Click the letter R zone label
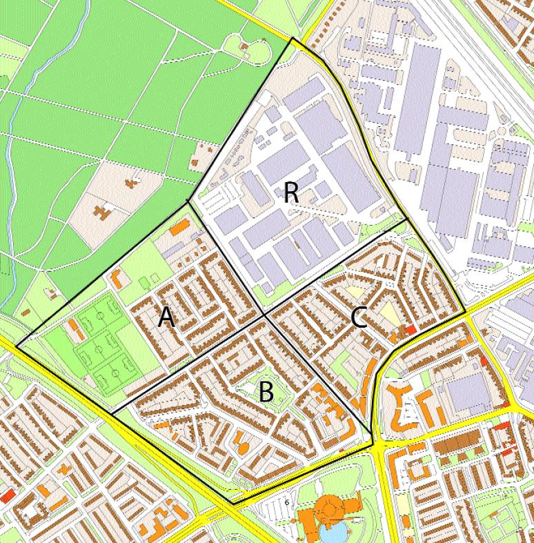click(x=291, y=193)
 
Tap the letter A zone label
click(x=166, y=317)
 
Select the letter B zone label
click(x=266, y=393)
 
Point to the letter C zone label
click(x=358, y=317)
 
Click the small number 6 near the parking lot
click(x=286, y=502)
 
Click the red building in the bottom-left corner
click(x=8, y=496)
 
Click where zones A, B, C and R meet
click(x=265, y=316)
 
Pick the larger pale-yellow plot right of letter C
click(x=389, y=313)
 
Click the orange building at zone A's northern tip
click(x=181, y=225)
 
